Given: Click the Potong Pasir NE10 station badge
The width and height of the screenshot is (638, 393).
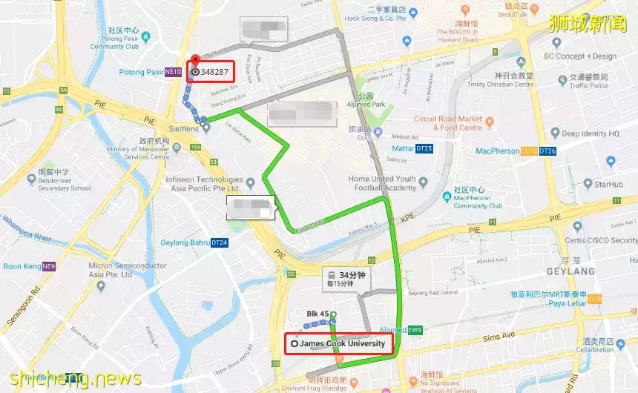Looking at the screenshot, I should [173, 72].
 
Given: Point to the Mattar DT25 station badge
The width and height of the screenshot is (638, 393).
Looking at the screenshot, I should [424, 148].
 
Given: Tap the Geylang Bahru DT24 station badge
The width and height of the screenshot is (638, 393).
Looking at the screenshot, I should [220, 242].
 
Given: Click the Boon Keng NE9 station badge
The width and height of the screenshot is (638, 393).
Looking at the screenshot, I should [49, 266].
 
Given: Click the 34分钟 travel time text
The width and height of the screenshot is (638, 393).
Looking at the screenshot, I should [352, 275].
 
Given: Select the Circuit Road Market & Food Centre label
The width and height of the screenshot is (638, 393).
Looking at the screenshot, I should [448, 123].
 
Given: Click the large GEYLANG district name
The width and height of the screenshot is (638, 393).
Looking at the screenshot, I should [571, 271].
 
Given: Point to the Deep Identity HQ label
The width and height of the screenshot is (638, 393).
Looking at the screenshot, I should [590, 134].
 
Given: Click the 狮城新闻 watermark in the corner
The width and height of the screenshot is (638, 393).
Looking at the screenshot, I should [591, 22].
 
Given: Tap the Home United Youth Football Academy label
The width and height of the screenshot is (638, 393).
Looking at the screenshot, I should [382, 183].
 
